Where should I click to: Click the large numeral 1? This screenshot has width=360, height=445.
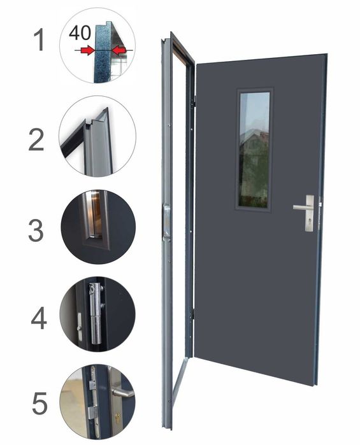point(39,40)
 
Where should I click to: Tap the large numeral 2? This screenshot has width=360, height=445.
point(36,139)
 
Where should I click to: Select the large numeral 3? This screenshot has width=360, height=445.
point(36,230)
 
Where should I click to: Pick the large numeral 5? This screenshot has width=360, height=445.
point(40,403)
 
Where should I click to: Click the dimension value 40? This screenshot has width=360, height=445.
point(80,32)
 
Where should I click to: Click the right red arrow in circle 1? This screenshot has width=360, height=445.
point(119,50)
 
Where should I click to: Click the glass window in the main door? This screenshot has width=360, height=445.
point(254,150)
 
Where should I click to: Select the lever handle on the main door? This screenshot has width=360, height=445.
point(304,207)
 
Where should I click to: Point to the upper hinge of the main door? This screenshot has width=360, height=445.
point(195,101)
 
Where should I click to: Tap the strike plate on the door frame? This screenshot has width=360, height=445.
point(166,222)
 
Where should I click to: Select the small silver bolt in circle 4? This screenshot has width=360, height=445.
point(80,327)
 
